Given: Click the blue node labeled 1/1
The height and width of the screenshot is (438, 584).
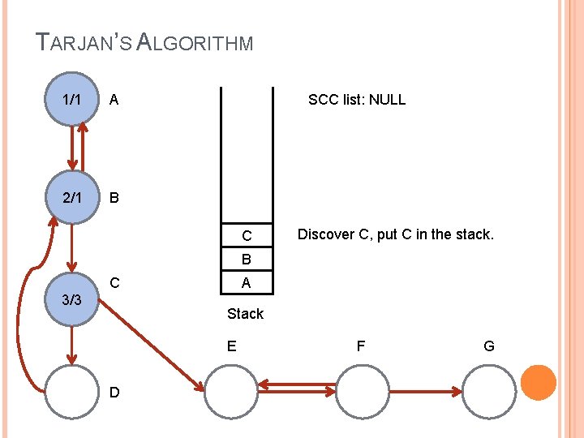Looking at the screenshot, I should [71, 100].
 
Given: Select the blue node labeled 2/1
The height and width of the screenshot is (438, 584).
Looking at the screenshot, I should [71, 197].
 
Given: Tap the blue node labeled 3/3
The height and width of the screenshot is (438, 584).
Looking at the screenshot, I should [71, 298].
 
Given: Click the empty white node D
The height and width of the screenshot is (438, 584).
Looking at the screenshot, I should [71, 391].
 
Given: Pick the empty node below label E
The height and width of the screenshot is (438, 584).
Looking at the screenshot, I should [230, 391].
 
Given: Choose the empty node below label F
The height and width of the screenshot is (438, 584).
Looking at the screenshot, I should [361, 391].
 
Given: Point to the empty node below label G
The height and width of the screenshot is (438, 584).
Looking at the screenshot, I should [488, 391].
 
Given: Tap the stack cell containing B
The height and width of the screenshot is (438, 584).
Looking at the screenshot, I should [246, 260].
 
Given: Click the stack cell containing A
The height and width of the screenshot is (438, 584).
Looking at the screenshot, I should [246, 282].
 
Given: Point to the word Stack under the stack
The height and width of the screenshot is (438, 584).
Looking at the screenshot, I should [245, 314].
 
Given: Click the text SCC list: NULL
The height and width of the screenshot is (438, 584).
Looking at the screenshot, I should [356, 100].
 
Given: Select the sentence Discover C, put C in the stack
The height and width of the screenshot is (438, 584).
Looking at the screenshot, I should [395, 234].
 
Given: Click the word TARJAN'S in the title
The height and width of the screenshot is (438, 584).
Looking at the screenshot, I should [86, 41].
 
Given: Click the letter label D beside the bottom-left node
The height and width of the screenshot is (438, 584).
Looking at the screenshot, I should [114, 393].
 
